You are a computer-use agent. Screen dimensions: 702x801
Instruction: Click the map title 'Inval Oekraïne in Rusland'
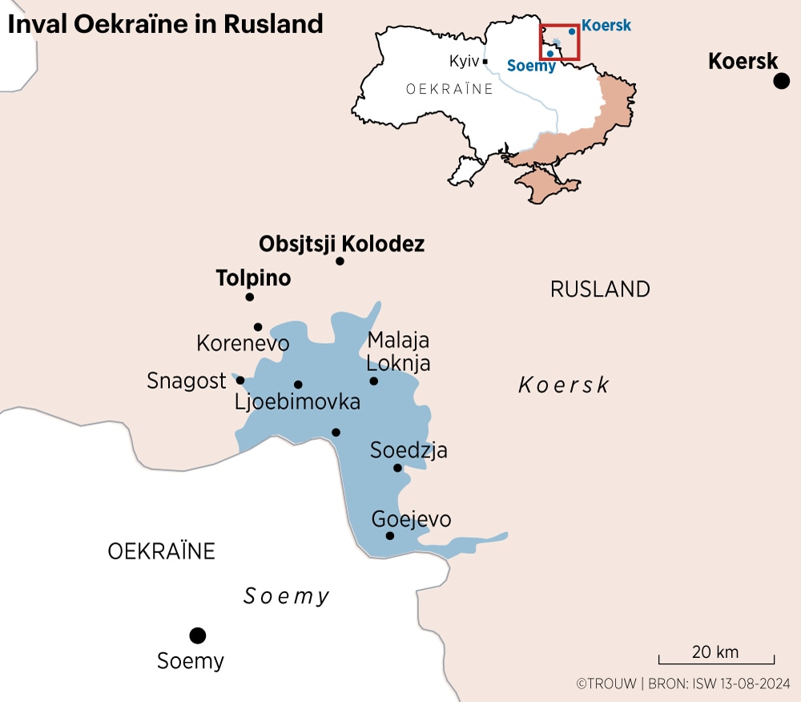166,24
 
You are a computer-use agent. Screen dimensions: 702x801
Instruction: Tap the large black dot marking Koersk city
781,81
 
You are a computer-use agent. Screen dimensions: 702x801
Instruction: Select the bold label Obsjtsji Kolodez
341,244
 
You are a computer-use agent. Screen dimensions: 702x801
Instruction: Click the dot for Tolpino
249,297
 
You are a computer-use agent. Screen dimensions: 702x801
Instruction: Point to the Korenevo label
243,344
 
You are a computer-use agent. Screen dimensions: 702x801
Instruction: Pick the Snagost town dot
239,381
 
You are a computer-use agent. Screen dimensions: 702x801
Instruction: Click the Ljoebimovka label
297,401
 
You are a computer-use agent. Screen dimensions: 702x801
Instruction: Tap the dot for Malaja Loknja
373,381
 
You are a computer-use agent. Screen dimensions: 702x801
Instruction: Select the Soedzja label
409,450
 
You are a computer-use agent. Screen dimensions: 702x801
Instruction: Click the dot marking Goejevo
390,536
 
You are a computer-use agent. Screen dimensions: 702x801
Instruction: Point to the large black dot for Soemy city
197,635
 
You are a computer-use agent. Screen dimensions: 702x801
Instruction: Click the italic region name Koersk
563,385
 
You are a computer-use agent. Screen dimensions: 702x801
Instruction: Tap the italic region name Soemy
286,596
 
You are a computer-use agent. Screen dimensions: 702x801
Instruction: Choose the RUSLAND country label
600,289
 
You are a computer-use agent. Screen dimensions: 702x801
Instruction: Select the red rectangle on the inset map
559,42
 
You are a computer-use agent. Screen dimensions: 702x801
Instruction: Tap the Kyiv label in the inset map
464,61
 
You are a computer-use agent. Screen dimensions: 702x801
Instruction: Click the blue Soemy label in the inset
531,67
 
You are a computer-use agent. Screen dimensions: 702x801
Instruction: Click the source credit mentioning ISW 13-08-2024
683,684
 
